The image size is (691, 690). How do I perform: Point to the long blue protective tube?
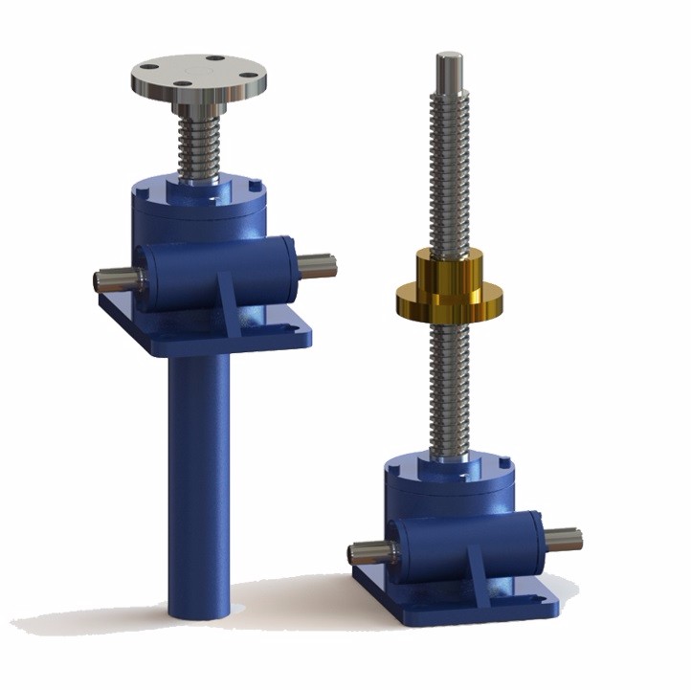[x=200, y=479]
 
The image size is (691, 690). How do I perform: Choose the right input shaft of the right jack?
[x=566, y=538]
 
